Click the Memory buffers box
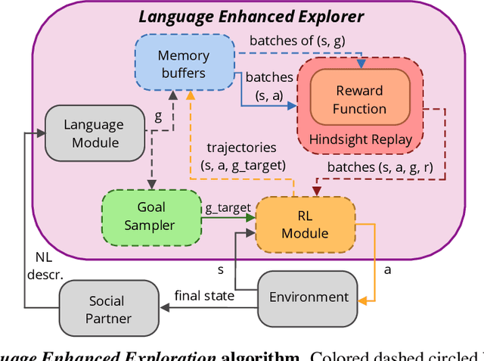[x=183, y=64]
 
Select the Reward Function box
[x=360, y=99]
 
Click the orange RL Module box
[x=305, y=223]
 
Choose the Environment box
[x=309, y=297]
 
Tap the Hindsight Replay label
[x=360, y=139]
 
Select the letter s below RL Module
[x=221, y=269]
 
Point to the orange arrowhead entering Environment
[x=362, y=300]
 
